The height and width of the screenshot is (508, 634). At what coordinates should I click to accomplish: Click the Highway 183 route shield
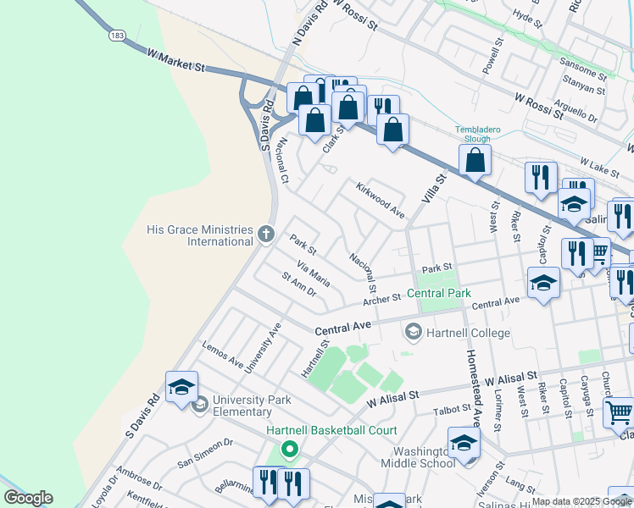(x=116, y=36)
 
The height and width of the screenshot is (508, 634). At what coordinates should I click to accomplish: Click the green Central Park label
(x=438, y=294)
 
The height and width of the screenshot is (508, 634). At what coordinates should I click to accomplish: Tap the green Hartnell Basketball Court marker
(x=290, y=450)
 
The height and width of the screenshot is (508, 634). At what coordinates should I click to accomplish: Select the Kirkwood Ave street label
(x=380, y=200)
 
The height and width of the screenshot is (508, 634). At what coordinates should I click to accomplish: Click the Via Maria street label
(x=313, y=274)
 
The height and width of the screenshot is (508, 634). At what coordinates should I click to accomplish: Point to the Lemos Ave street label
(x=222, y=355)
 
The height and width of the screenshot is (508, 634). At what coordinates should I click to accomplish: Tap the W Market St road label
(x=176, y=59)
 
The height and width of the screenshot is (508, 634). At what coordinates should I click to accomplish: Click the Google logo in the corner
(x=28, y=498)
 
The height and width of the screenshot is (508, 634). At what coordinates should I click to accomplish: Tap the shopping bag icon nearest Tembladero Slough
(x=475, y=159)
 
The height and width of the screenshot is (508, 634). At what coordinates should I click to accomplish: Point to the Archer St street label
(x=381, y=299)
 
